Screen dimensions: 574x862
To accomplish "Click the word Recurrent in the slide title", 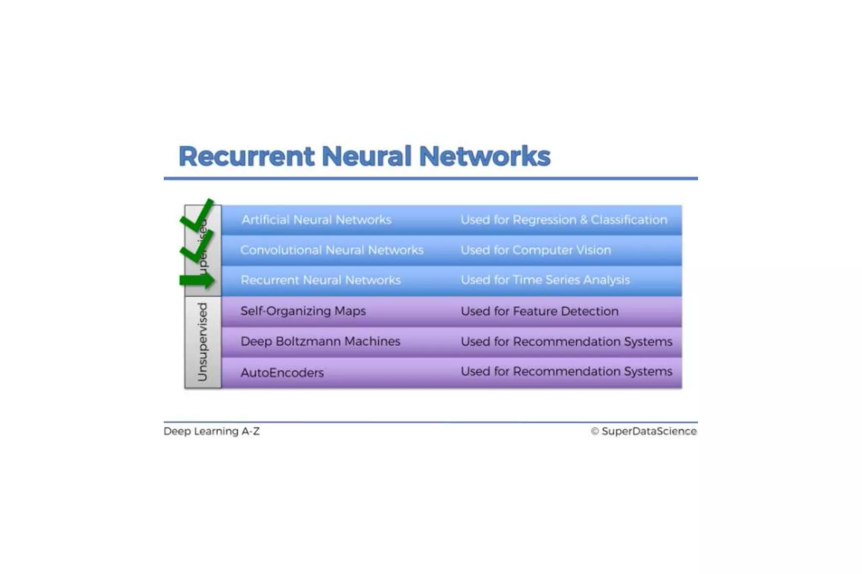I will (246, 157).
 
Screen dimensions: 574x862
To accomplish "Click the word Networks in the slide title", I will (484, 157).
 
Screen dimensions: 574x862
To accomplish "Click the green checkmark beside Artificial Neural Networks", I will (197, 215).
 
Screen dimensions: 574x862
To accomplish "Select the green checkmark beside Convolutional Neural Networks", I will (197, 247).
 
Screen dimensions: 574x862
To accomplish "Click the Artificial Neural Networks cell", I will (316, 220).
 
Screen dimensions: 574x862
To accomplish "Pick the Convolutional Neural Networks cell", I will (332, 250).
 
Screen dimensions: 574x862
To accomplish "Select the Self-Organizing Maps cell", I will (303, 311).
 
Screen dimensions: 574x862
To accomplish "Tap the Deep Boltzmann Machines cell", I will (320, 341).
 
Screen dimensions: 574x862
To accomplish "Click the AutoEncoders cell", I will (282, 372).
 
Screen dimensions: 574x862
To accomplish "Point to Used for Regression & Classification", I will (564, 220).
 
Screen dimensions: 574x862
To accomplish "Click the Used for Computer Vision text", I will (535, 250).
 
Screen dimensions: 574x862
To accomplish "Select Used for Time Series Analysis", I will (545, 280).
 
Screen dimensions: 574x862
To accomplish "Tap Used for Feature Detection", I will (540, 311).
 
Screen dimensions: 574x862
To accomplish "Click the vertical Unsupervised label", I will (203, 342).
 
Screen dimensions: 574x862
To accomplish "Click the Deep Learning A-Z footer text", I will (212, 431).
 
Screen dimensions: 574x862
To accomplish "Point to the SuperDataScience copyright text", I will (649, 431).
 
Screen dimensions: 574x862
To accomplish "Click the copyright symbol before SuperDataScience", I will (595, 431).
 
